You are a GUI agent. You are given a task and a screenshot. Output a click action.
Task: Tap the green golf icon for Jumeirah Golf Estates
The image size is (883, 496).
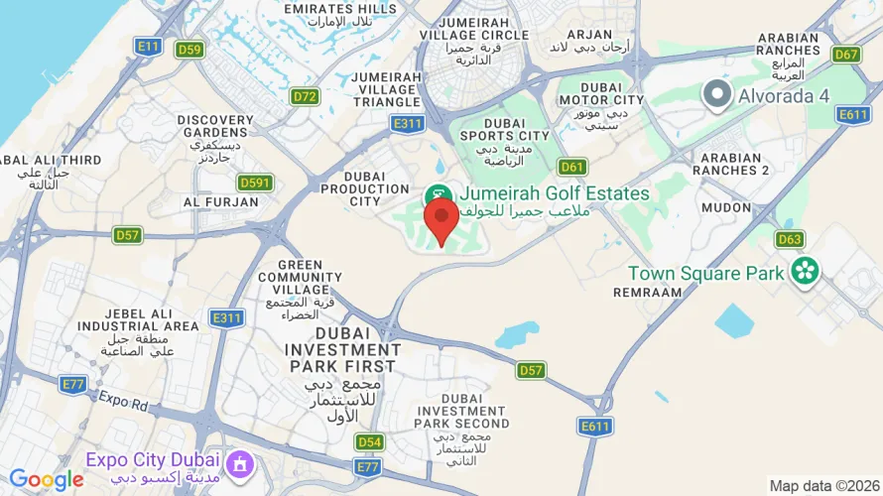[x=435, y=194]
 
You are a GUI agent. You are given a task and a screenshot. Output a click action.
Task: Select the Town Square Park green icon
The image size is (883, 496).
[x=805, y=270]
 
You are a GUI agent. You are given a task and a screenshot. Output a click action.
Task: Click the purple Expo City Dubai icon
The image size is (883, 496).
[x=239, y=462]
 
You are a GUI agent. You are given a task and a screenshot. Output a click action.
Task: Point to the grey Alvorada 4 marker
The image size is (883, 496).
[x=715, y=95]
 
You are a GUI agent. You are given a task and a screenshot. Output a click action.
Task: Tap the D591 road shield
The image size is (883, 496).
[x=255, y=183]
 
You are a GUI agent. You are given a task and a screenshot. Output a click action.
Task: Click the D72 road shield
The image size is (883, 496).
[x=305, y=96]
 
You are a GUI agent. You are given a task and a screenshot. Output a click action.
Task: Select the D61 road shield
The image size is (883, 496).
[x=572, y=167]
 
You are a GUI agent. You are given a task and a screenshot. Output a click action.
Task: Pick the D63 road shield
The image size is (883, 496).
[x=790, y=239]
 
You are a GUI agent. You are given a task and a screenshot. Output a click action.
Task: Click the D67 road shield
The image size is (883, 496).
[x=845, y=55]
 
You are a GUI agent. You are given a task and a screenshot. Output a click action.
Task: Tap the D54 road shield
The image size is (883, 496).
[x=369, y=441]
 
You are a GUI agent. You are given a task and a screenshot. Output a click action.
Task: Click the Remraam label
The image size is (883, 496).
[x=648, y=293]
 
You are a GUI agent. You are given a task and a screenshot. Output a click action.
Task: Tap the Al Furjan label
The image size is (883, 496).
[x=220, y=201]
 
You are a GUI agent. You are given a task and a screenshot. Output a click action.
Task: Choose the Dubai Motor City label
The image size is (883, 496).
[x=601, y=92]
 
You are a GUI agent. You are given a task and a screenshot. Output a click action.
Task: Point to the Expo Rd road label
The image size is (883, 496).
[x=123, y=401]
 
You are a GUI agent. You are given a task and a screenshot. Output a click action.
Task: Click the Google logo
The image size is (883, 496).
[x=47, y=480]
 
